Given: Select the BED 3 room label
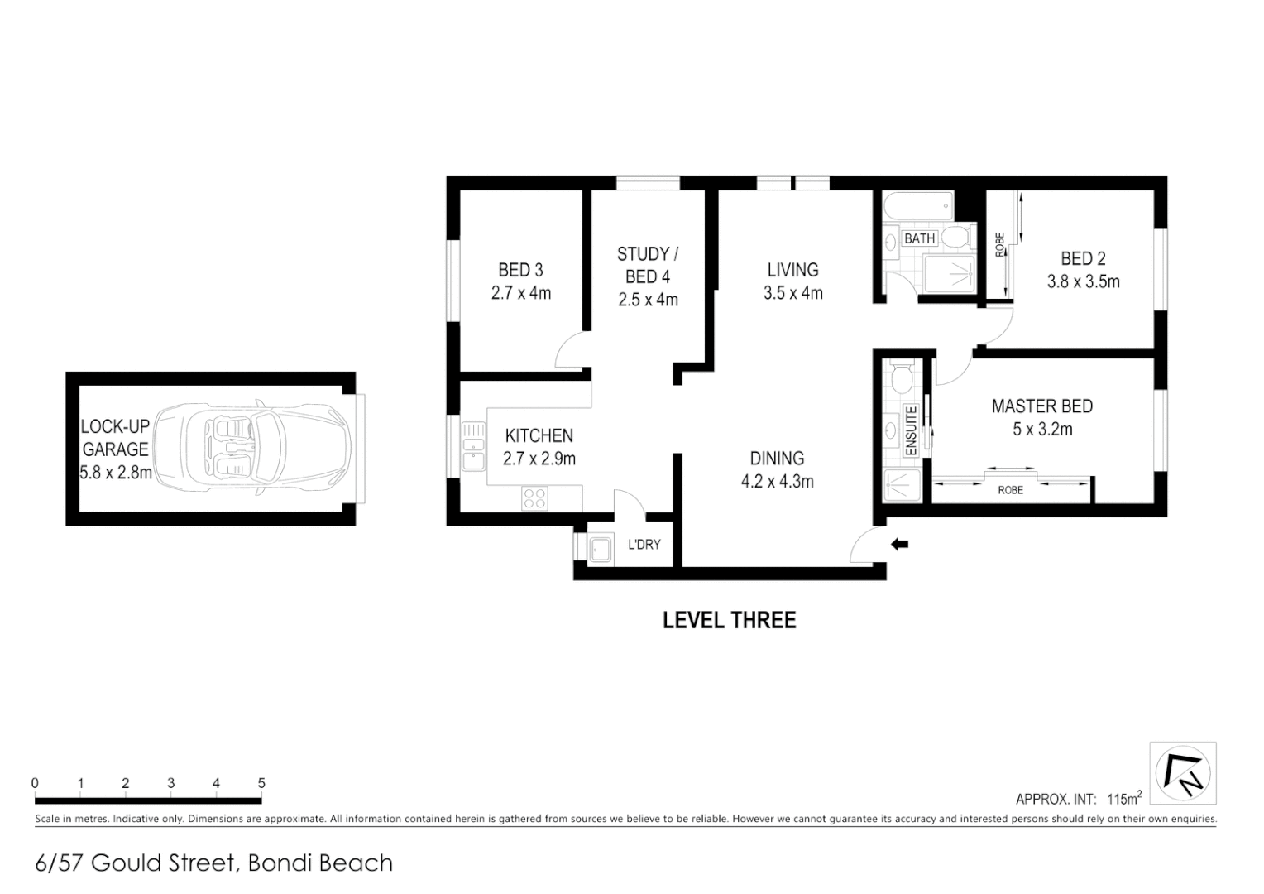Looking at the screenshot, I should coord(520,270).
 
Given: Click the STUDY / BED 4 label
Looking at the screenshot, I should coord(648,265).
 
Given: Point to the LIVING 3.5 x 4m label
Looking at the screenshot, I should coord(792,281).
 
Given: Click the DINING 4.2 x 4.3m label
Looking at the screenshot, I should coord(777,469).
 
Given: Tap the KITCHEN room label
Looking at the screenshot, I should coord(539,435).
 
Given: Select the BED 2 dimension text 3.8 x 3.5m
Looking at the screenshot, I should coord(1083,281).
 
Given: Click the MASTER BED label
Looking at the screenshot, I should coord(1041,406).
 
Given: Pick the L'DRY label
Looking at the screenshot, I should coord(644,545).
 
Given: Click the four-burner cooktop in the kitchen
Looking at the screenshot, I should coord(534,498).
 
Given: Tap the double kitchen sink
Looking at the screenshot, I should coord(473,446).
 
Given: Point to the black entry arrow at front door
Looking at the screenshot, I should coord(899,544).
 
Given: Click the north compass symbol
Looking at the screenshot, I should coord(1183,773).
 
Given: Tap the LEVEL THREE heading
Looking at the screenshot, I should coord(729,620).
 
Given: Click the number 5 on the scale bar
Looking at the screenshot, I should coord(261,783).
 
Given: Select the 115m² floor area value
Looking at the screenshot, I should coord(1124,799).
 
